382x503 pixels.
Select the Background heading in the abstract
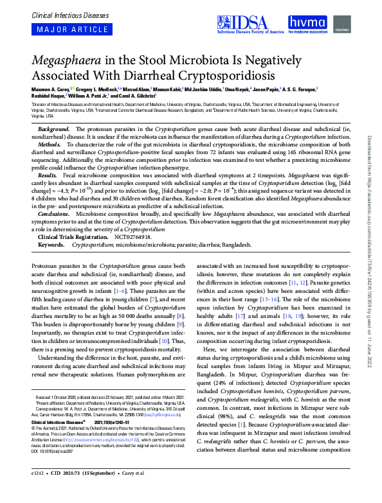pos(53,130)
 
